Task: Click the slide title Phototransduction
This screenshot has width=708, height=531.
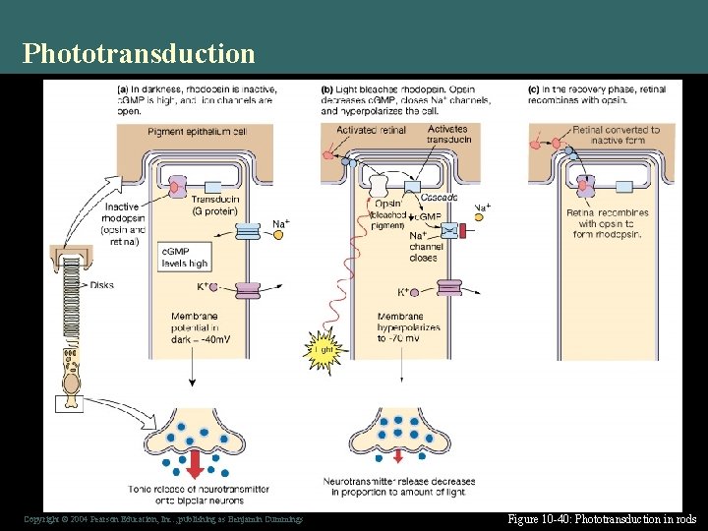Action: (x=139, y=52)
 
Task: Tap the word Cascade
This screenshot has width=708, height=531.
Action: (x=439, y=198)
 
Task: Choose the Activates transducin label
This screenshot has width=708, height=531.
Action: (x=446, y=134)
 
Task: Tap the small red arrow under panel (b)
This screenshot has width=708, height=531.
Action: (x=397, y=454)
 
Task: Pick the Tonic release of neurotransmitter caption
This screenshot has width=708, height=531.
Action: (x=186, y=494)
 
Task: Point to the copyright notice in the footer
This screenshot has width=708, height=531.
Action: (x=163, y=519)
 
